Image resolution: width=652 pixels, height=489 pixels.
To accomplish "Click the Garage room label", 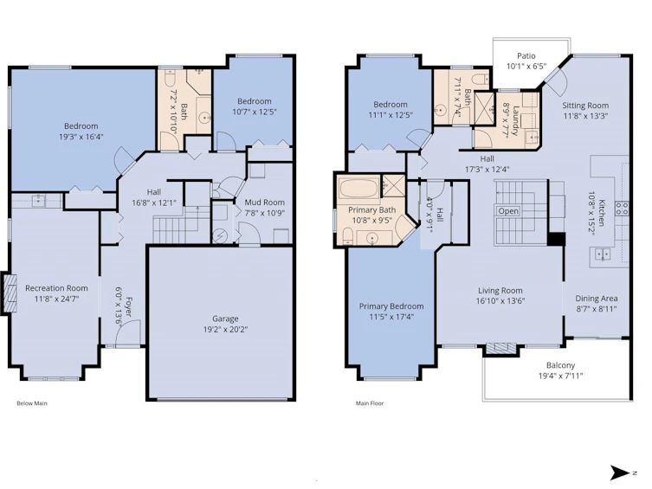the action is coord(225,318).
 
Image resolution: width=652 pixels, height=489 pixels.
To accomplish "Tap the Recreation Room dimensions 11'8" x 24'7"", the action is coord(56,299).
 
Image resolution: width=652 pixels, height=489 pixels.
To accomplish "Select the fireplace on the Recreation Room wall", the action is coord(10,293).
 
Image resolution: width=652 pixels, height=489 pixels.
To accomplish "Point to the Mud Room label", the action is coord(264,203).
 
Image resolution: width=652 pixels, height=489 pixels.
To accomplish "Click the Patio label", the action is coord(526,55).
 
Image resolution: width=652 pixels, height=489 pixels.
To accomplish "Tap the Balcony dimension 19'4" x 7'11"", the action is coord(560,376).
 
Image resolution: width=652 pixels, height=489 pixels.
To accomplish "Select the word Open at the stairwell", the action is coord(508,211).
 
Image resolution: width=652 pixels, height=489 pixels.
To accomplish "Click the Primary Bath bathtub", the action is coord(358,188).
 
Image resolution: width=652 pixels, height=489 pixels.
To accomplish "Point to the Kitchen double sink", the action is coord(602,254).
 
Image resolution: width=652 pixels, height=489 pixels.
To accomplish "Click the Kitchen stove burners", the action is coord(622,208).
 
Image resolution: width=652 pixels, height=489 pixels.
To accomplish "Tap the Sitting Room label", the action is coord(585,106).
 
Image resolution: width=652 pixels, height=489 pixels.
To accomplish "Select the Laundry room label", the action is coord(516,121).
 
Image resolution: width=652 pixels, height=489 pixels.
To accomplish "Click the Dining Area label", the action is coord(597,299).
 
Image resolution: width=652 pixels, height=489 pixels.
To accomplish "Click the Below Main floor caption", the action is coord(32,403).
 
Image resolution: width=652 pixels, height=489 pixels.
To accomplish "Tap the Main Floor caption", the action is coord(370,403).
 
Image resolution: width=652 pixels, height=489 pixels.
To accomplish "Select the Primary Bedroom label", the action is coord(391,306).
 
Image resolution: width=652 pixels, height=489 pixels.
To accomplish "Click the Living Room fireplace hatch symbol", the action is coord(501,347).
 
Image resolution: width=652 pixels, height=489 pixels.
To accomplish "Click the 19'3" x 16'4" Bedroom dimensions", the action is coord(81,136).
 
